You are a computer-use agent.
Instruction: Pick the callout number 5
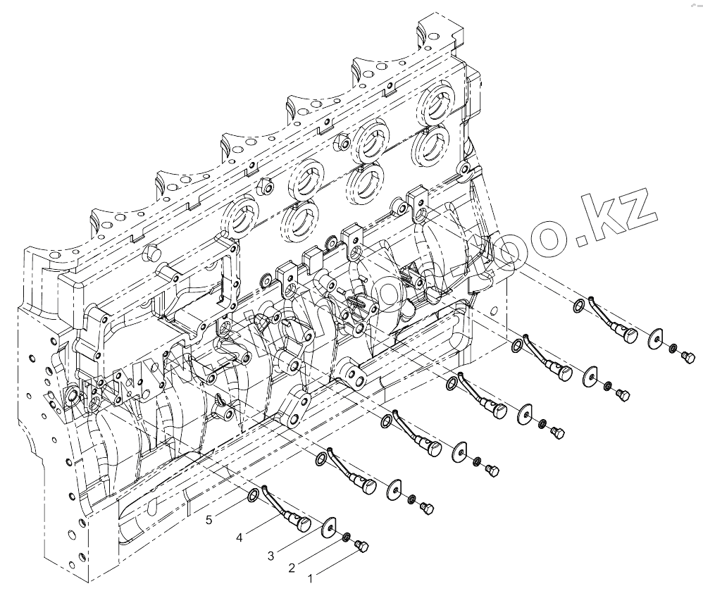coord(209,521)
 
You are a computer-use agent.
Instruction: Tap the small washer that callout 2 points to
coord(347,538)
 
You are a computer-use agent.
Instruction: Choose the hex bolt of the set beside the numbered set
coord(426,506)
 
